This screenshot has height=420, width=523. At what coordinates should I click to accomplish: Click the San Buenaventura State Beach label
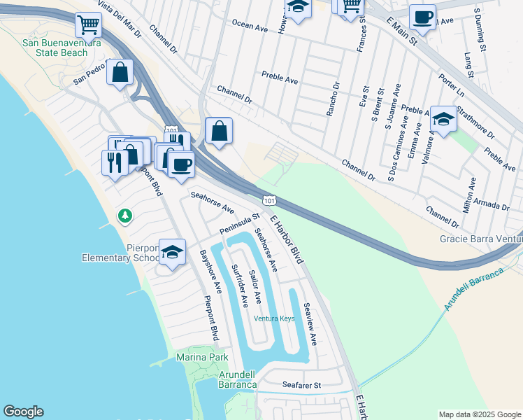(62, 48)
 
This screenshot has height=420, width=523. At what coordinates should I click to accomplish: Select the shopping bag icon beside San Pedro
(120, 71)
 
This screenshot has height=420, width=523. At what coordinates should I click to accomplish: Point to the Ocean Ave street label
(250, 29)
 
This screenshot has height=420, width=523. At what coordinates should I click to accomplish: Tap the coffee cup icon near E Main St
(422, 17)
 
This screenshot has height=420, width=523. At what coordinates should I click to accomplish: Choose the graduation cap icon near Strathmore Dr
(443, 119)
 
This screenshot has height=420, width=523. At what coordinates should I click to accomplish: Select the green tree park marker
(125, 216)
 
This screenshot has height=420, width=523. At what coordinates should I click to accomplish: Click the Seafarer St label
(301, 385)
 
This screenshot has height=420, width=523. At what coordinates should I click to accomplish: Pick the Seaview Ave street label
(310, 323)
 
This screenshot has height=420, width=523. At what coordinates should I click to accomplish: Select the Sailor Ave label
(255, 287)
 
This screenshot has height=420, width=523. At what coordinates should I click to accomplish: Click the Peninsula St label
(239, 224)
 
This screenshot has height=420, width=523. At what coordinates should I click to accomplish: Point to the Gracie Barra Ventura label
(481, 239)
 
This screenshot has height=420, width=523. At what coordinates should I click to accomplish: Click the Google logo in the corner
(23, 412)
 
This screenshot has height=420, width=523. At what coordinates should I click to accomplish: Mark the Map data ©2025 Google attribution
(479, 414)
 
